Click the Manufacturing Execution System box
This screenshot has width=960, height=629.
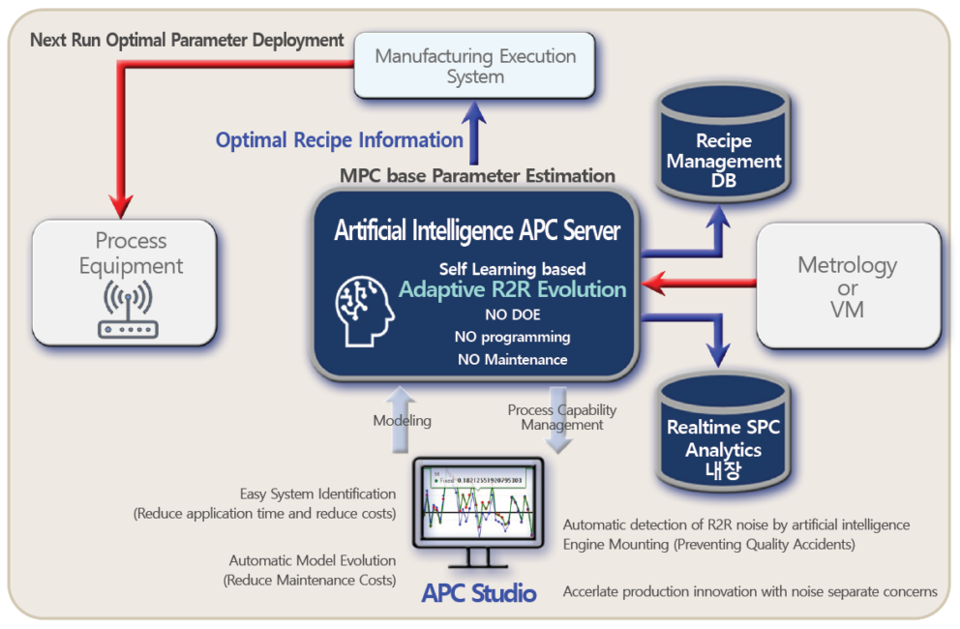pos(474,66)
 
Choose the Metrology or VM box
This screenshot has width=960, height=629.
pos(847,286)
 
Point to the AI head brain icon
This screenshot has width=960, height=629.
pos(366,310)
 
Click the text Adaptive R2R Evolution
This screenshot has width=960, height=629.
pos(512,289)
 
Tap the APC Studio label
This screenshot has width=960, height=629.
pos(478,592)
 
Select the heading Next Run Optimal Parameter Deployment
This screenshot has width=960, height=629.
pos(187,40)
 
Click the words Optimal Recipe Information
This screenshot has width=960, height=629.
pos(339,140)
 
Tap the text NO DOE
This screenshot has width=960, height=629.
pos(512,314)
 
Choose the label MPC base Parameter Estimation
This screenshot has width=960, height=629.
pos(477,176)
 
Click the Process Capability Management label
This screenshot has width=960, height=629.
pos(561,417)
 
